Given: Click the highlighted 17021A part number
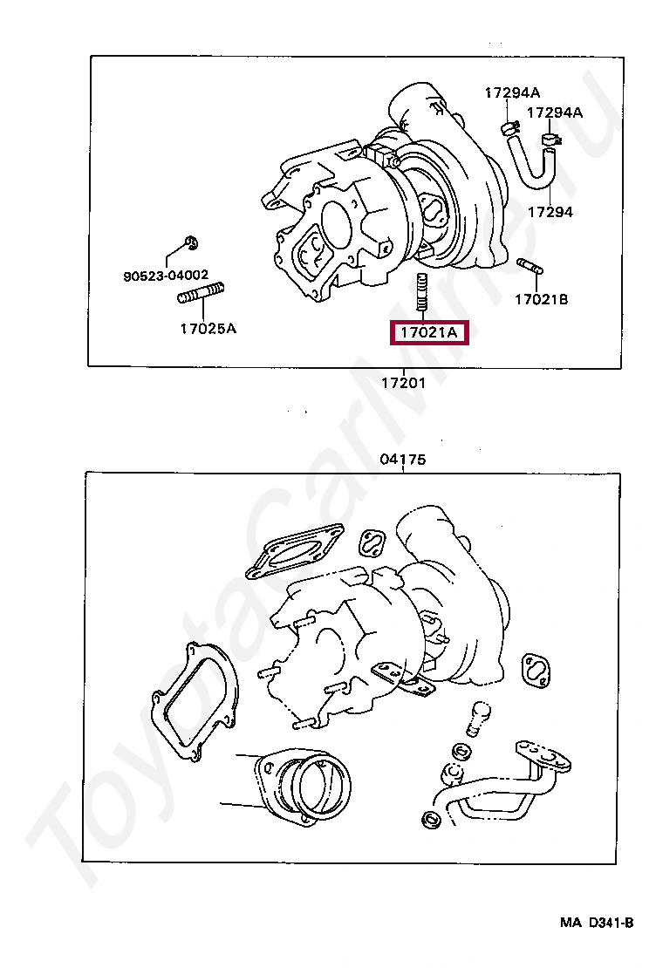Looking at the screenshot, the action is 428,332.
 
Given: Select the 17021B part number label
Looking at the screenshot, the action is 541,299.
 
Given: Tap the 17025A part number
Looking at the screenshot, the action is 208,329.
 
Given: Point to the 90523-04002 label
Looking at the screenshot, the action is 166,275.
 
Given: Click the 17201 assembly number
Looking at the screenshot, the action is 402,383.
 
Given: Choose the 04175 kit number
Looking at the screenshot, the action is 402,460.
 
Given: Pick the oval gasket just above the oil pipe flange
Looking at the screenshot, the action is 538,670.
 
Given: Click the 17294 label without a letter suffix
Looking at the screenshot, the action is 550,212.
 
